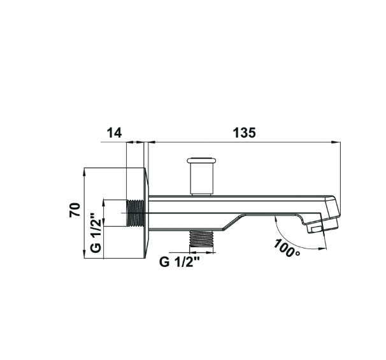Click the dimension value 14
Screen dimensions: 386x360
click(114, 133)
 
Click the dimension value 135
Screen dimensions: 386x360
click(244, 133)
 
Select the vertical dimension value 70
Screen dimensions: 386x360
click(75, 210)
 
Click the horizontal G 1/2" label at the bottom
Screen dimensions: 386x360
click(179, 262)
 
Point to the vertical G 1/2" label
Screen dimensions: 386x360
click(96, 233)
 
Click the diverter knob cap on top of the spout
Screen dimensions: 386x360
click(202, 161)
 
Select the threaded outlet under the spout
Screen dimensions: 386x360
click(201, 238)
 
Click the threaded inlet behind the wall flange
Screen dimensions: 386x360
click(135, 213)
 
